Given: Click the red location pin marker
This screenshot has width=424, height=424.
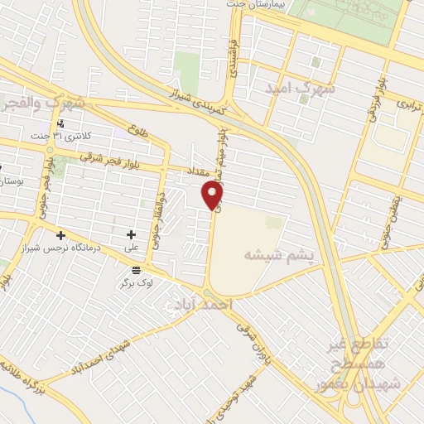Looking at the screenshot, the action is (214, 195).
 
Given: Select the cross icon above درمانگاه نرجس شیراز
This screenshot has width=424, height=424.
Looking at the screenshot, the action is (60, 235).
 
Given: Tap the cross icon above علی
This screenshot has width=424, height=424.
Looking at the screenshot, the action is (131, 235).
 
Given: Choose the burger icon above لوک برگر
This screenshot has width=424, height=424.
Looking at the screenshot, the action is (136, 270).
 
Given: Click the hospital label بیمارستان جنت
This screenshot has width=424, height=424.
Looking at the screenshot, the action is (258, 4).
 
